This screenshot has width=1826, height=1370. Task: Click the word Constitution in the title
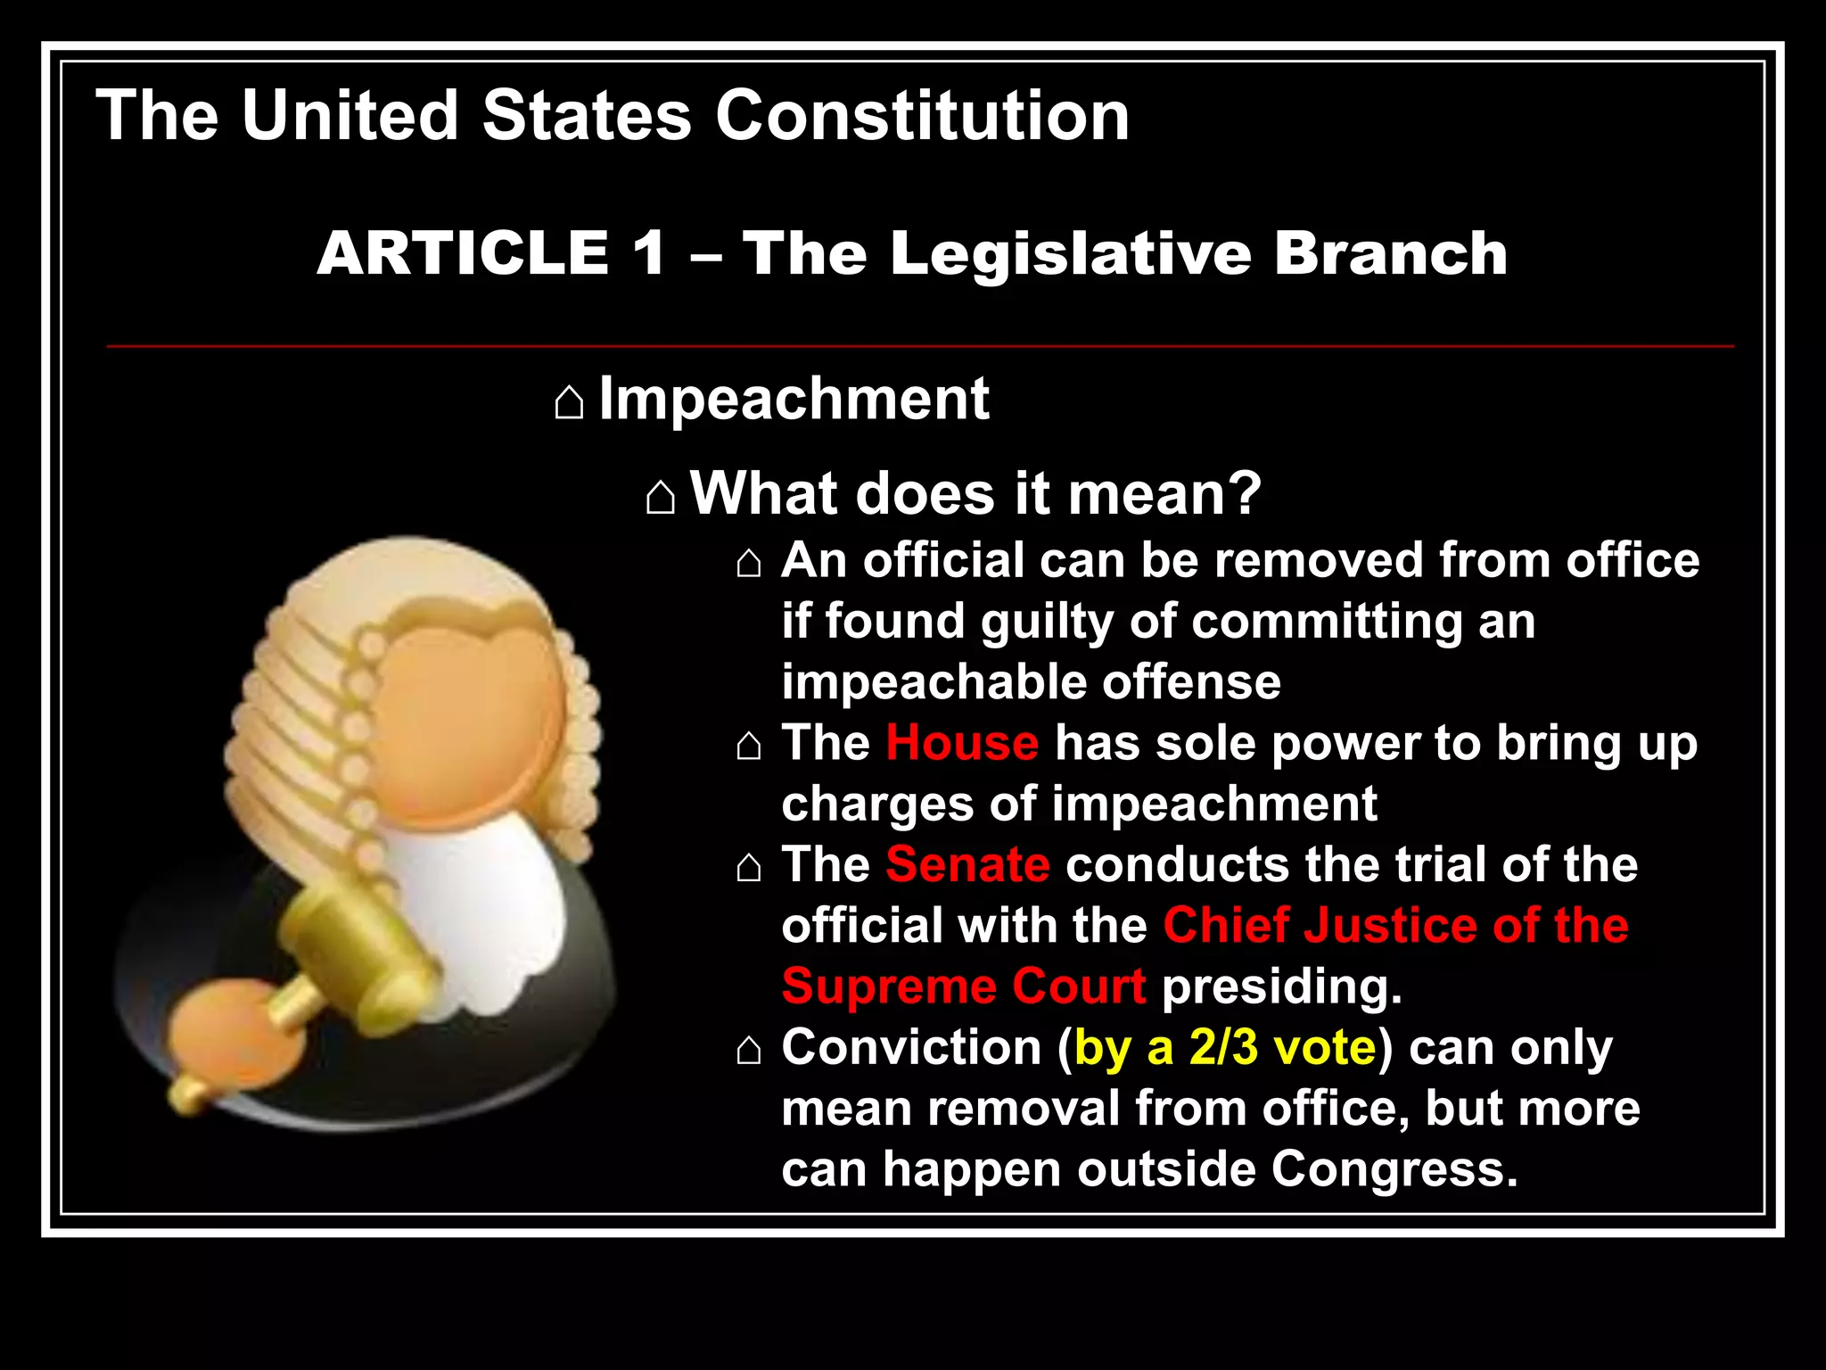(x=922, y=116)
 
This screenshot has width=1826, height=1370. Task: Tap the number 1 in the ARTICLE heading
(x=649, y=253)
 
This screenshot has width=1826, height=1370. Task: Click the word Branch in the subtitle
(x=1390, y=253)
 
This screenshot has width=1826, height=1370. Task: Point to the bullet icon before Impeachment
(x=569, y=402)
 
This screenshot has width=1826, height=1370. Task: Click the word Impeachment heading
(x=794, y=399)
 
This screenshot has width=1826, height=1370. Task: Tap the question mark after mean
(x=1243, y=493)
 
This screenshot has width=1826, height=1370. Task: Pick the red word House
(x=962, y=743)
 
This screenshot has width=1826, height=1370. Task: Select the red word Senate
(x=967, y=864)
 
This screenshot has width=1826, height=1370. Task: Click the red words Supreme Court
(x=963, y=986)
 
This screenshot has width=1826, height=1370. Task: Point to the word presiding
(x=1281, y=986)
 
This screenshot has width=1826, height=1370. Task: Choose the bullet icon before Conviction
(x=749, y=1051)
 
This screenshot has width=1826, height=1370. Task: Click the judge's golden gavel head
(x=348, y=937)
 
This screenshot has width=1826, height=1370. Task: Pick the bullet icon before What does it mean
(x=660, y=497)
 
